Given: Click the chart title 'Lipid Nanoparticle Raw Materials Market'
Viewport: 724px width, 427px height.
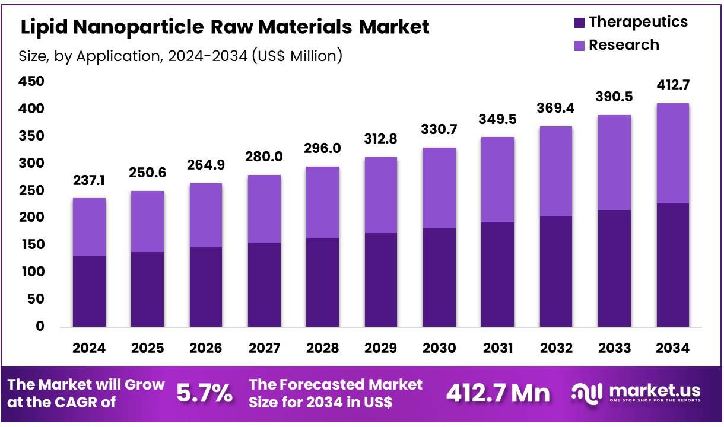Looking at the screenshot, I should point(225,27).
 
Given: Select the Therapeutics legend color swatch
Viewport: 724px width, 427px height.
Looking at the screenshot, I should point(579,23).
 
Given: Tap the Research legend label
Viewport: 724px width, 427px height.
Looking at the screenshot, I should point(623,45).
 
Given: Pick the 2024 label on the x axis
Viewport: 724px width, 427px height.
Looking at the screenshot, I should point(89,348).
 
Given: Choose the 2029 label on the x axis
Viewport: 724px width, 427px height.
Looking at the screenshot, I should point(381,348).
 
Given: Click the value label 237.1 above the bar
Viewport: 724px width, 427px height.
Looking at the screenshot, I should point(89,180).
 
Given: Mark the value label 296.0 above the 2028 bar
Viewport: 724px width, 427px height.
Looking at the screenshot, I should point(322,148).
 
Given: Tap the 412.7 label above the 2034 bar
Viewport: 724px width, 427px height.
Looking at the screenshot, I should point(673,85).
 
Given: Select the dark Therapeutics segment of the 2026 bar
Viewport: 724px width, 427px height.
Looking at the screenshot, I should point(206,286).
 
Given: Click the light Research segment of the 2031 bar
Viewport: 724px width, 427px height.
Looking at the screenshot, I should point(498,180).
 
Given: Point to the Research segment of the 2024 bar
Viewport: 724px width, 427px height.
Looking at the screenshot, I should point(89,227).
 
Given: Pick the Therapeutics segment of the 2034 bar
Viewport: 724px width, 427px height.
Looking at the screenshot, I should point(673,265).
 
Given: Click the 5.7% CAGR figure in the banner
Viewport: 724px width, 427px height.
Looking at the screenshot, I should point(205,393).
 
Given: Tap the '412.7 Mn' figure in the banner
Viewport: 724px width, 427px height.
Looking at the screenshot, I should point(497,393).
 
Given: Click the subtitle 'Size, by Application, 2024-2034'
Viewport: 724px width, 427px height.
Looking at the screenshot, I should point(180,56).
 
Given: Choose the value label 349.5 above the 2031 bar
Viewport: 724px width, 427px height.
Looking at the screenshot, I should point(498,119).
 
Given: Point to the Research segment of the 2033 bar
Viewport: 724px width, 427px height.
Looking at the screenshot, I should point(614,162).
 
